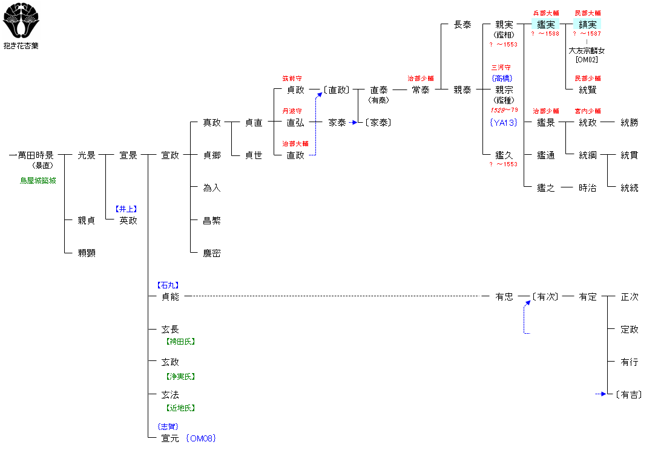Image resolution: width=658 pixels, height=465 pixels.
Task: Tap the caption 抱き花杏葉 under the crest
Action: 21,46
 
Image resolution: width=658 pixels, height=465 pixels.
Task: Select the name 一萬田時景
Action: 31,155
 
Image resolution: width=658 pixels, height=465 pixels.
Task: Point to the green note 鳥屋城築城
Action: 38,180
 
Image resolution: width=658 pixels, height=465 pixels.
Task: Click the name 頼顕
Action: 87,253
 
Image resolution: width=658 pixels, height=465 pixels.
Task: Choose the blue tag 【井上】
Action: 127,209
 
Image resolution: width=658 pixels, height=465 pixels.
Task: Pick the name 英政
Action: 128,220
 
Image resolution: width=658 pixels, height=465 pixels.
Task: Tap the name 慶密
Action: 211,253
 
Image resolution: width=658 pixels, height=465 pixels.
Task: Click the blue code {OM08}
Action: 201,438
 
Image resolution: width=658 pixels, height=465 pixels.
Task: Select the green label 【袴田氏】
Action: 180,341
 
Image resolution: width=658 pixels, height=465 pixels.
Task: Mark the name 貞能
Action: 170,296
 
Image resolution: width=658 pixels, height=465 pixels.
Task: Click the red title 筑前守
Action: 292,79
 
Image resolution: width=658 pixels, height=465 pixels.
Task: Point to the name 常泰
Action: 421,89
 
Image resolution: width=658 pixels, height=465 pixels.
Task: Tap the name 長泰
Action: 462,25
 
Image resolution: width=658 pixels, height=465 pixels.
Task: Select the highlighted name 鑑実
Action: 545,24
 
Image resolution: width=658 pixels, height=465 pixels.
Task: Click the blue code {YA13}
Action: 504,122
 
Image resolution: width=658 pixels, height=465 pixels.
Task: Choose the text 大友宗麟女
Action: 587,51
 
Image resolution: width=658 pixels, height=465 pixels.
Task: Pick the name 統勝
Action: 630,122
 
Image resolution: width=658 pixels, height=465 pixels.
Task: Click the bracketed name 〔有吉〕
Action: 628,395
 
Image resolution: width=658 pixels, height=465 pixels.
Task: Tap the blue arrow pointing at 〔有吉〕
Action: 601,394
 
